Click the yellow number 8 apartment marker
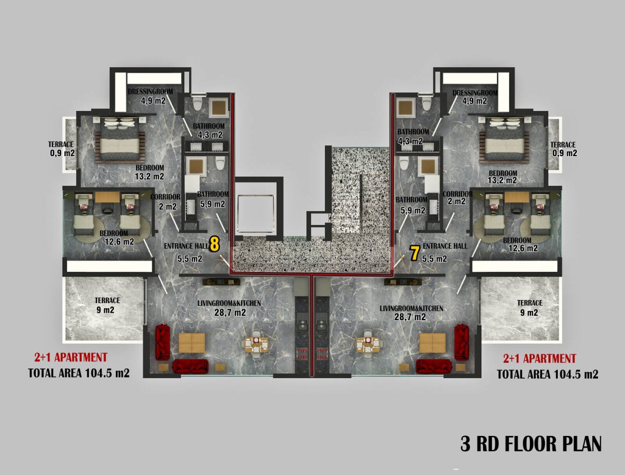tap(214, 244)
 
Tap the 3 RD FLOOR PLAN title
tap(531, 443)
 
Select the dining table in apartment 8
tap(256, 345)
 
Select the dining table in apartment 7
tap(368, 345)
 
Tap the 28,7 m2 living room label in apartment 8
tap(230, 312)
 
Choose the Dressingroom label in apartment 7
tap(475, 93)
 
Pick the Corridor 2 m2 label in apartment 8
tap(166, 202)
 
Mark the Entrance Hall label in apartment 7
tap(445, 246)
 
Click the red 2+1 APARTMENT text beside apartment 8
tap(71, 357)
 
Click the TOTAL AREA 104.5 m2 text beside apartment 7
tap(547, 374)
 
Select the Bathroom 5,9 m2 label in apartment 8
tap(213, 199)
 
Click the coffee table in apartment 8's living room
tap(192, 343)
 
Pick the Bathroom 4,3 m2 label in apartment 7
tap(413, 136)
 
